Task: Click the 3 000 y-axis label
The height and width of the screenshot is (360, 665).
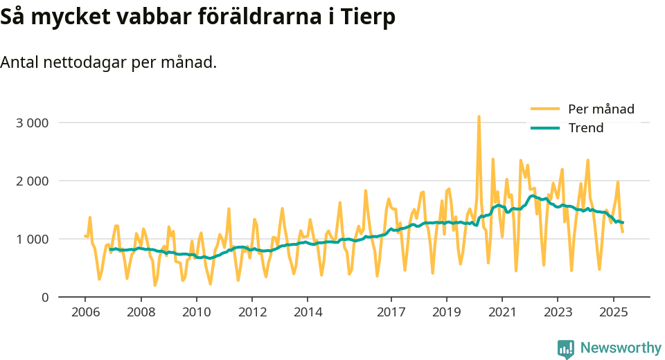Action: (x=32, y=123)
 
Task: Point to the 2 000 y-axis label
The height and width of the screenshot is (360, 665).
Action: (x=32, y=181)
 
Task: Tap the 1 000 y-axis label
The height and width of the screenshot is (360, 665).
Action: (x=32, y=239)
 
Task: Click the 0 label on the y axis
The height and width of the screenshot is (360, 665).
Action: (x=44, y=297)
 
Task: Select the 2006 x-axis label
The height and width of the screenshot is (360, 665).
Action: (x=85, y=312)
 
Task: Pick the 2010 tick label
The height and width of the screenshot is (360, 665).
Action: (x=196, y=312)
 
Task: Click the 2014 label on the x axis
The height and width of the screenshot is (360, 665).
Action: (x=308, y=312)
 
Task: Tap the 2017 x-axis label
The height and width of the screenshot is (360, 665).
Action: (x=391, y=312)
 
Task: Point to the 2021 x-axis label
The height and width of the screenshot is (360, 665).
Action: (x=502, y=312)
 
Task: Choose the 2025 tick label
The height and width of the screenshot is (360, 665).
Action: (x=613, y=312)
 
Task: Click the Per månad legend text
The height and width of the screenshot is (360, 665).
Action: (x=601, y=109)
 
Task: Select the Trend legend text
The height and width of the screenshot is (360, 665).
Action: (x=586, y=128)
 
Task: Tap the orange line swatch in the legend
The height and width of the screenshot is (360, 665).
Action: (x=544, y=109)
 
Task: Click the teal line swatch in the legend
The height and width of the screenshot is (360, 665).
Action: (x=544, y=128)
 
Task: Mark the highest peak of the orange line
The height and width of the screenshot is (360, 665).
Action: (x=479, y=117)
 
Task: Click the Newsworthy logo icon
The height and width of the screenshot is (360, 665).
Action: (x=566, y=348)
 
